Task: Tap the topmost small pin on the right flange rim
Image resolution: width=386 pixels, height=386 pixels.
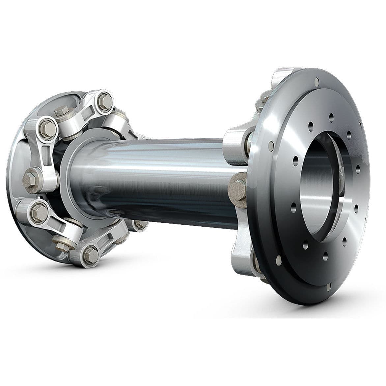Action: (317, 80)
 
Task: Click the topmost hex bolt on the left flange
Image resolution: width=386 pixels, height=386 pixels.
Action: (104, 97)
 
